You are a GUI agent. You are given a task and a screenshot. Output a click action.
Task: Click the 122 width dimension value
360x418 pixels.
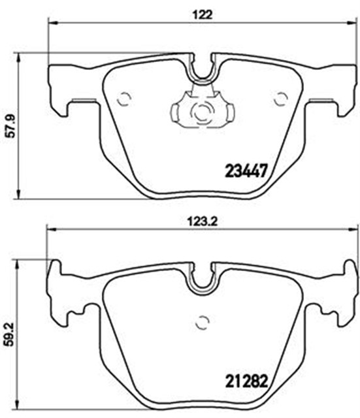[203, 15]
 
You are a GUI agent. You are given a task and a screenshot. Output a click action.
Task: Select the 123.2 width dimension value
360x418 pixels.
[203, 221]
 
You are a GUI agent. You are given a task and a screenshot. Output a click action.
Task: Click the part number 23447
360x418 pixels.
[246, 170]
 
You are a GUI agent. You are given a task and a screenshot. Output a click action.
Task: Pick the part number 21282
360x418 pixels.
[246, 381]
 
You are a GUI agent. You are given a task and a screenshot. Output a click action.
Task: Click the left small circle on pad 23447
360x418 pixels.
[124, 99]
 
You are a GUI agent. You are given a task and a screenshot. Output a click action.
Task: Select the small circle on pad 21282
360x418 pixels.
[203, 322]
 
